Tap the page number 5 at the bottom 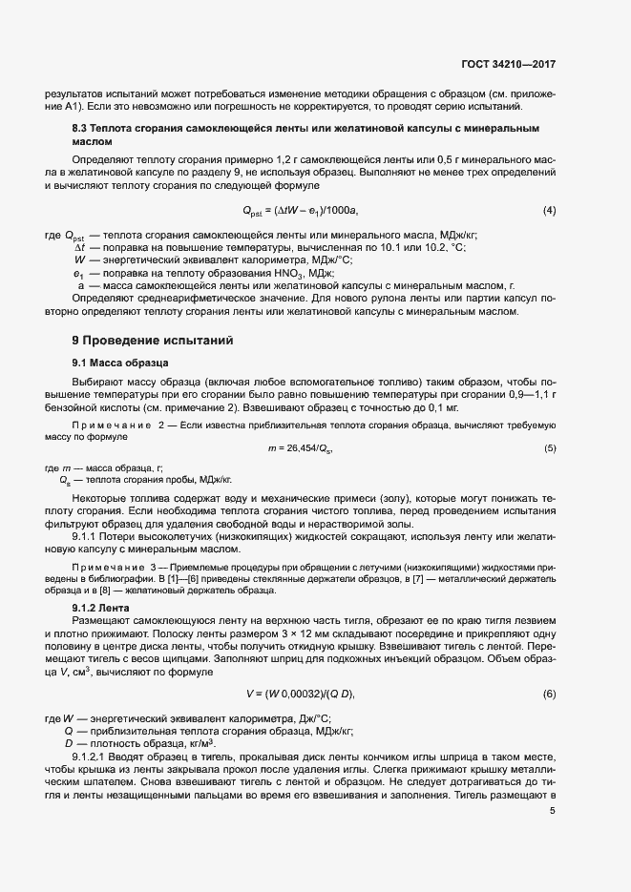click(x=553, y=812)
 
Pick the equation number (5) click(x=549, y=448)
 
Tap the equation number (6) click(x=549, y=694)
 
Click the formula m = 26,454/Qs click(x=301, y=448)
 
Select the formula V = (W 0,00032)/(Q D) click(x=300, y=694)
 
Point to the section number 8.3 click(x=82, y=128)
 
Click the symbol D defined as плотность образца click(x=69, y=742)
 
